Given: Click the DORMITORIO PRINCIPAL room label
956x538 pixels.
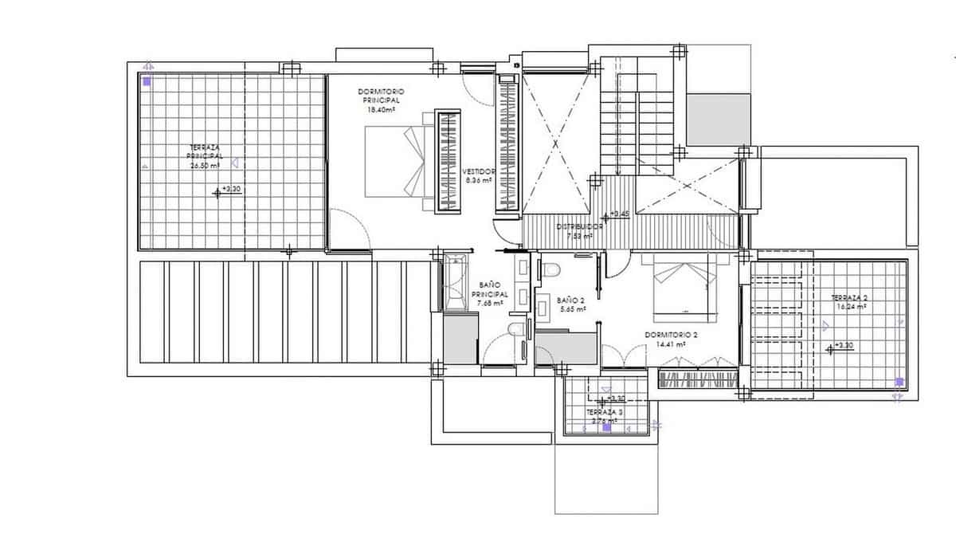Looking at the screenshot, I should (x=381, y=96).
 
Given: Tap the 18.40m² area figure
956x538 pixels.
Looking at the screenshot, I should (x=381, y=111).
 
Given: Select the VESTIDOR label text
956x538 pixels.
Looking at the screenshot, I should (x=479, y=171).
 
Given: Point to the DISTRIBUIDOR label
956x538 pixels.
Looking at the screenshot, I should (x=578, y=226).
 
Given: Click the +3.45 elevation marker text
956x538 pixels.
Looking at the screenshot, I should (x=621, y=214).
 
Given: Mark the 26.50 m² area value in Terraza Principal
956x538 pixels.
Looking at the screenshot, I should (x=205, y=166).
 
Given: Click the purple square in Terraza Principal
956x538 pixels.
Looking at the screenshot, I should (x=147, y=81).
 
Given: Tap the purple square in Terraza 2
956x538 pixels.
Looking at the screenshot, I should (x=899, y=381).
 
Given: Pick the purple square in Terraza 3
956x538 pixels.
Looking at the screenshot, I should (x=606, y=427).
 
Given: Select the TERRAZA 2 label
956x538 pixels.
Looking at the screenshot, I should (x=848, y=296).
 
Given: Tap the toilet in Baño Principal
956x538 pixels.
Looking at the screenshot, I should (x=515, y=330).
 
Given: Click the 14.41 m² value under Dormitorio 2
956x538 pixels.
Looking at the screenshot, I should (x=672, y=345).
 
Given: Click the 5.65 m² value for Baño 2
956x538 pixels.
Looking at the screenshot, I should (x=571, y=309).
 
